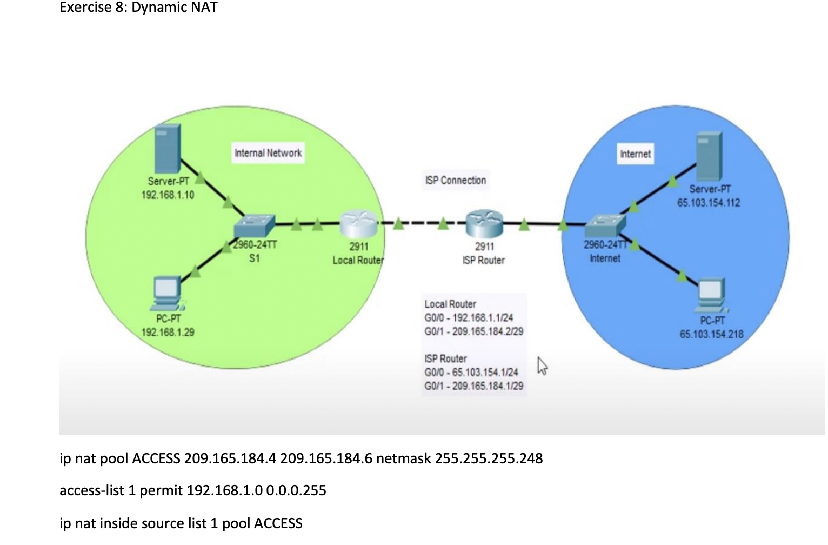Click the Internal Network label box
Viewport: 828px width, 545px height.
pyautogui.click(x=268, y=153)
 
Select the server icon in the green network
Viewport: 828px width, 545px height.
pyautogui.click(x=168, y=148)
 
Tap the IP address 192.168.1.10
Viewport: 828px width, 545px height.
pyautogui.click(x=168, y=195)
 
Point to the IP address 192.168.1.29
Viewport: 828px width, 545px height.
pyautogui.click(x=168, y=332)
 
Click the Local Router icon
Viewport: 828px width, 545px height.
pyautogui.click(x=359, y=224)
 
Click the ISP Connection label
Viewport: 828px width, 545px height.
pyautogui.click(x=456, y=180)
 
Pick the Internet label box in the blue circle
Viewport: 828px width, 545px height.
pyautogui.click(x=635, y=154)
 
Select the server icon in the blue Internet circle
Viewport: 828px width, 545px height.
pyautogui.click(x=709, y=156)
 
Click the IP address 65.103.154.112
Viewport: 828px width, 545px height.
pyautogui.click(x=709, y=203)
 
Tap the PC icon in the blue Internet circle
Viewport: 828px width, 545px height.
pyautogui.click(x=711, y=295)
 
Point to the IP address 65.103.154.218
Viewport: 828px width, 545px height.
pyautogui.click(x=711, y=334)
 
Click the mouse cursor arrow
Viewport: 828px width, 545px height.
pyautogui.click(x=543, y=366)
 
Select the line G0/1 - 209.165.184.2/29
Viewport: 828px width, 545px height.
pyautogui.click(x=473, y=331)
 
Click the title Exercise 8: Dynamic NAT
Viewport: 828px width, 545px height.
pyautogui.click(x=138, y=8)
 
